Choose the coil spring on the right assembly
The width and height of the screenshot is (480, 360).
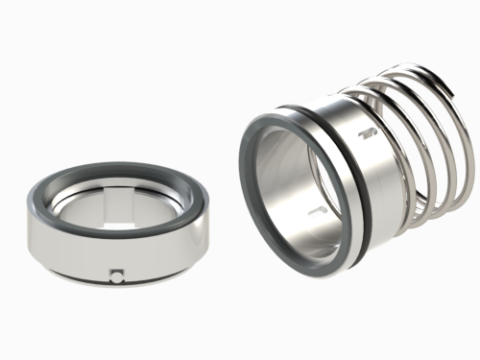422,144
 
